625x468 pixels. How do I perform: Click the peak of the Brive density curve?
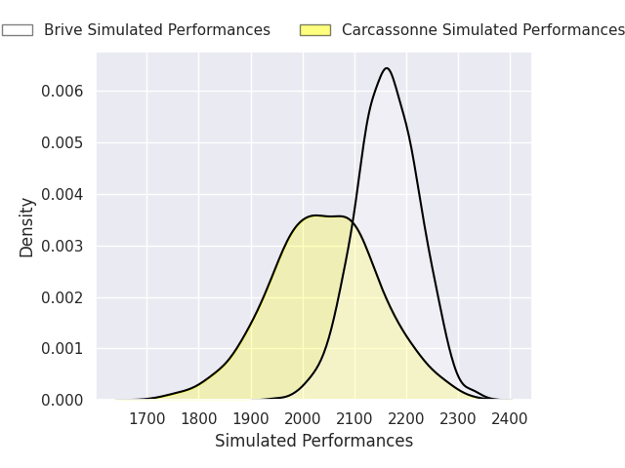tap(387, 68)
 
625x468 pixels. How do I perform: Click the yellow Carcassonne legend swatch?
tap(315, 30)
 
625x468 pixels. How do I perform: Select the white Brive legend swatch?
tap(18, 30)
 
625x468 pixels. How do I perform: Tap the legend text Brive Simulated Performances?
tap(157, 30)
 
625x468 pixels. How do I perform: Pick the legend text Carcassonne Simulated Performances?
tap(483, 30)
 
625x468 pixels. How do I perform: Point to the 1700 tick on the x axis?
tap(147, 418)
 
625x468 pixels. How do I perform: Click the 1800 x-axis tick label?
tap(199, 418)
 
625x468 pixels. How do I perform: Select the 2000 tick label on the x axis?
tap(303, 418)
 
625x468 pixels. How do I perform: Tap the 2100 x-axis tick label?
tap(354, 418)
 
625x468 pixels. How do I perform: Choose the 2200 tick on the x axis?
tap(406, 418)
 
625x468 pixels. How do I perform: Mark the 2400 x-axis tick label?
tap(510, 418)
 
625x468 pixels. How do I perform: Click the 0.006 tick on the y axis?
tap(62, 91)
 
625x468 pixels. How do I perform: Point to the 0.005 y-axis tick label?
tap(62, 142)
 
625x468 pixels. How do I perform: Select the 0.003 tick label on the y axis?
tap(62, 246)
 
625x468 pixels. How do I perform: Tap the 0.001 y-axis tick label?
tap(62, 349)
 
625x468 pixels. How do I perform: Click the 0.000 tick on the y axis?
tap(62, 400)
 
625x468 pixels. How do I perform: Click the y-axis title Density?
tap(26, 227)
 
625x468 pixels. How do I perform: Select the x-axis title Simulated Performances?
tap(314, 441)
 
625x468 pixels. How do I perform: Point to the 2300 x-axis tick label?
tap(458, 418)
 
